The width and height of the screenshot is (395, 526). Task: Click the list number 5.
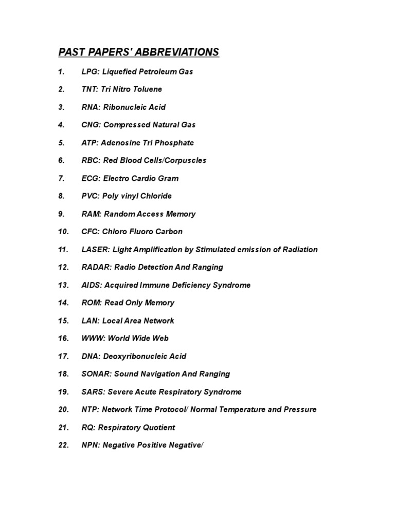click(61, 143)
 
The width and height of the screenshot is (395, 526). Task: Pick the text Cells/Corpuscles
click(173, 160)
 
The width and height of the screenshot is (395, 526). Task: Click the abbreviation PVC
click(90, 196)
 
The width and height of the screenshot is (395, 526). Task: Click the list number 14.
click(63, 303)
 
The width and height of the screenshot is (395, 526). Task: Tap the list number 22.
click(63, 445)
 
